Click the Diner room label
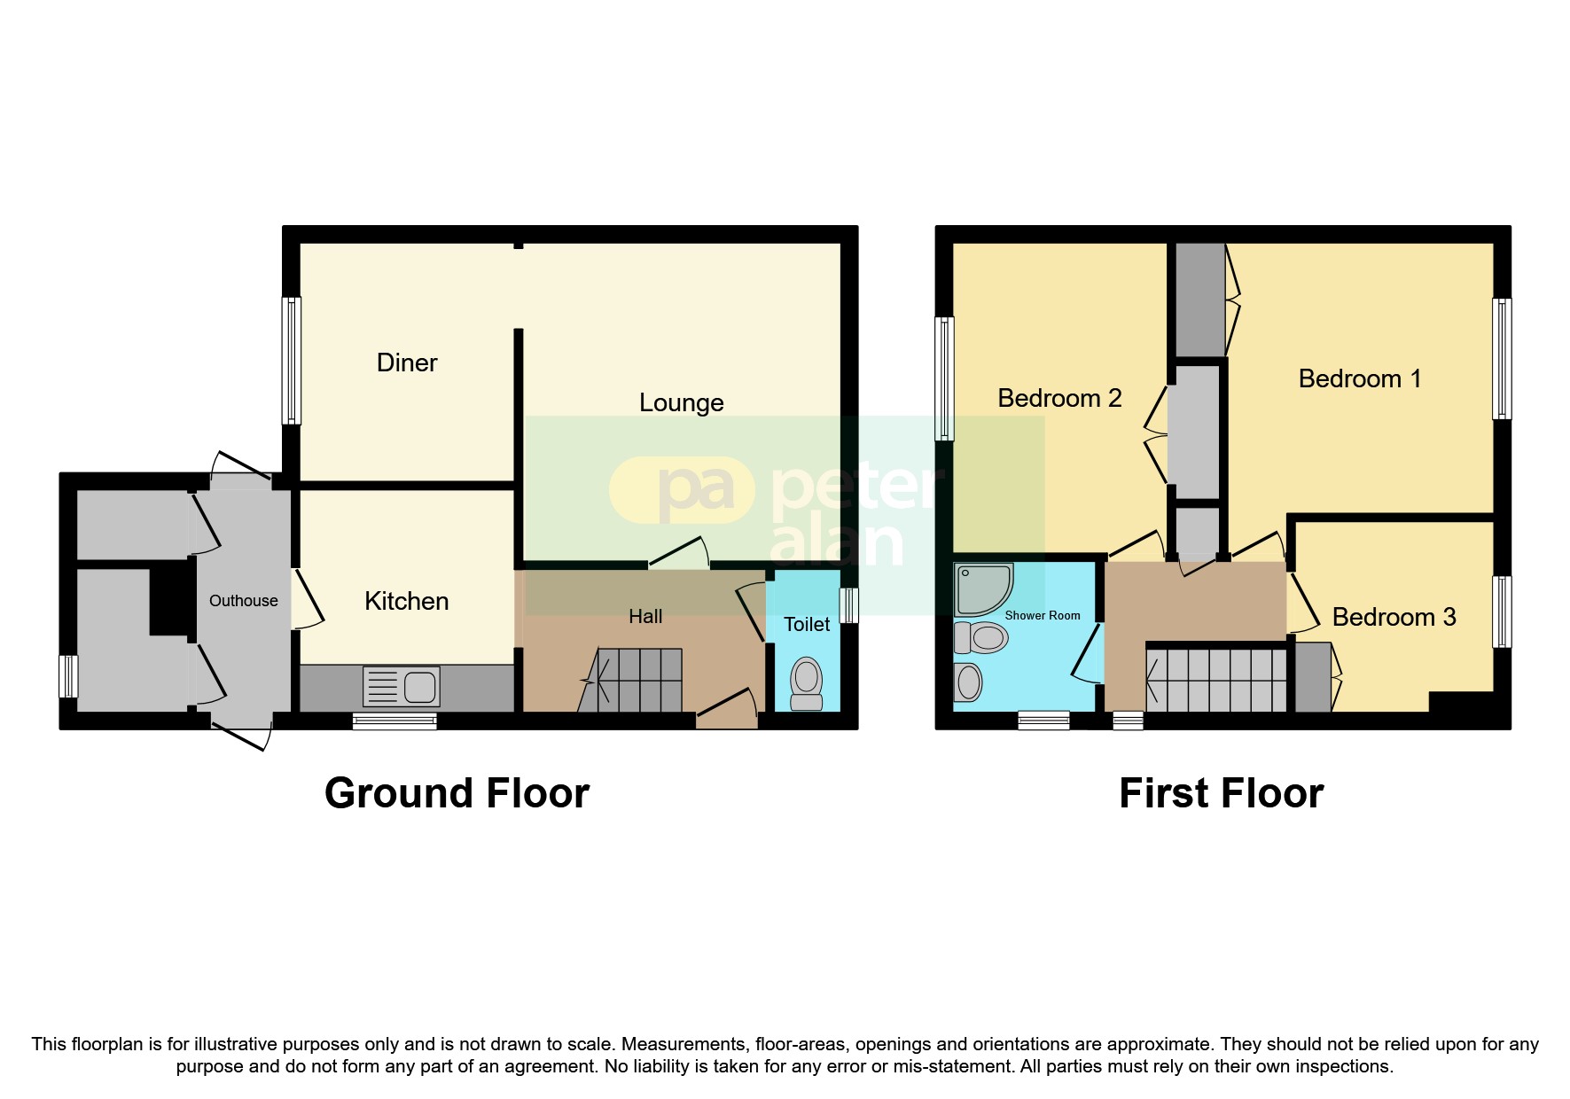407,362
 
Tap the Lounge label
681,402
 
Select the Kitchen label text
406,601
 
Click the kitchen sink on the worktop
402,687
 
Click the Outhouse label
243,601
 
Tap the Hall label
645,616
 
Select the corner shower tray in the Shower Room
982,589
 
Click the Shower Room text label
1042,615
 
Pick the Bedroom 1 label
1359,378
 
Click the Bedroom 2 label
1059,398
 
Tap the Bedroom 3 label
1394,617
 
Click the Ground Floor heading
457,793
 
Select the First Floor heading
1221,793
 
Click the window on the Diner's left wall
291,360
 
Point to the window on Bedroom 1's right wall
1502,359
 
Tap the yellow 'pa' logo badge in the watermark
682,489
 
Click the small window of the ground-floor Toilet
848,605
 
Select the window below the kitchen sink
394,721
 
